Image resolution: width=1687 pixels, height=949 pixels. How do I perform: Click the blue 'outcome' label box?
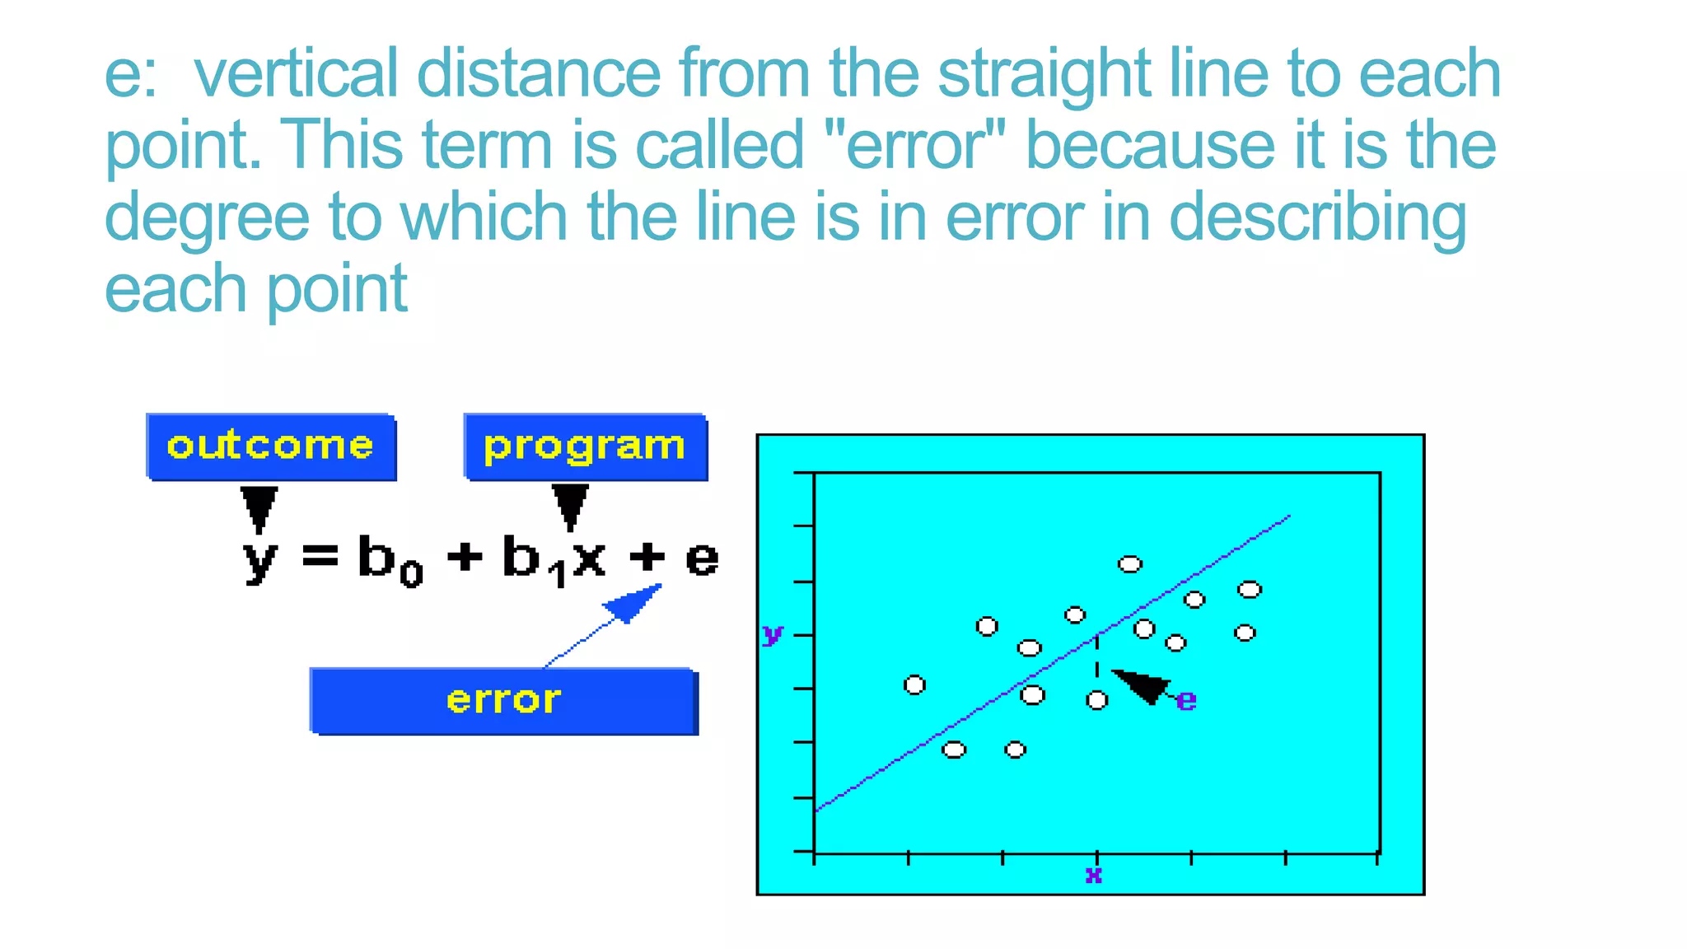pos(271,446)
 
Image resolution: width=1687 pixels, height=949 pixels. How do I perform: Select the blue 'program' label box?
pos(585,446)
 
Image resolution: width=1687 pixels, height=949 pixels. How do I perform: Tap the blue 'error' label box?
pos(503,701)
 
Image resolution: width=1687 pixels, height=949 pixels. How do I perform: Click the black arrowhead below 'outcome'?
pos(259,507)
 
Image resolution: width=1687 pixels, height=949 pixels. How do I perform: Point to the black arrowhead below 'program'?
pos(570,505)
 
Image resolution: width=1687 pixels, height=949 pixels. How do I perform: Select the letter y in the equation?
pos(260,559)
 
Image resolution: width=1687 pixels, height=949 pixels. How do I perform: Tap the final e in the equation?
pos(702,558)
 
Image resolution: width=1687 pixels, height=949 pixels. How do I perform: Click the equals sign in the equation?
pos(320,557)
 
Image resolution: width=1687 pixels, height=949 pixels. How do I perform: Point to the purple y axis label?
pos(772,634)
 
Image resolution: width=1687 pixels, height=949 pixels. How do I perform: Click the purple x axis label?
pos(1093,874)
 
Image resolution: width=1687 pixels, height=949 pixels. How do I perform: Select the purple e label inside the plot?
pos(1186,700)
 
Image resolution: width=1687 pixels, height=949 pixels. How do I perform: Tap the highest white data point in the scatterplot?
pos(1129,564)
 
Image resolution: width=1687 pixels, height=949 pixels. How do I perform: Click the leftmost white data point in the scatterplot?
pos(914,685)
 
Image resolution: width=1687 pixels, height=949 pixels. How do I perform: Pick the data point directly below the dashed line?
pos(1096,700)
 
